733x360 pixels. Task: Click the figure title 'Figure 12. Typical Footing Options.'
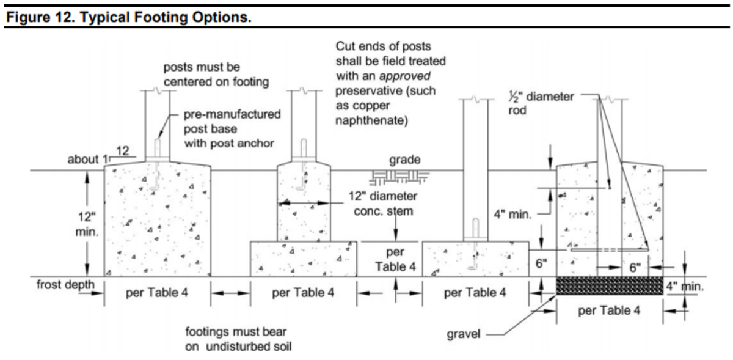(128, 17)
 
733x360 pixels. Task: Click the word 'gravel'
(464, 334)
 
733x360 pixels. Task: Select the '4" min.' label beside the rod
(513, 215)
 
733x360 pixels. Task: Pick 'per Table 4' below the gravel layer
(609, 310)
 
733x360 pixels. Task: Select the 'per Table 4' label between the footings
(395, 259)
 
